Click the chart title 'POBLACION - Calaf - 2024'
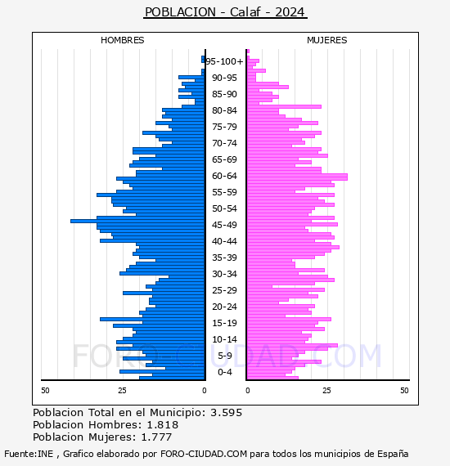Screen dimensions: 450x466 (x=225, y=12)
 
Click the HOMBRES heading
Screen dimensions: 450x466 (x=122, y=40)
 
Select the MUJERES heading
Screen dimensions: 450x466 (x=327, y=40)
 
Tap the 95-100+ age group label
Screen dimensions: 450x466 (x=224, y=61)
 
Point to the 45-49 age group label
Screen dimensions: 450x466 (x=224, y=225)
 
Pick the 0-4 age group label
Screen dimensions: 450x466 (x=224, y=372)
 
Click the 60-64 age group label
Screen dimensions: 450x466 (x=224, y=176)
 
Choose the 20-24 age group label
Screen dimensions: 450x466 (x=224, y=307)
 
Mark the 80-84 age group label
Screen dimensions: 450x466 (x=224, y=110)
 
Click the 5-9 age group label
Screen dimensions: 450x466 (x=224, y=356)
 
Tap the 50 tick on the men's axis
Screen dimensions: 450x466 (x=45, y=390)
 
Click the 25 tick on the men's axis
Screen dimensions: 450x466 (x=122, y=390)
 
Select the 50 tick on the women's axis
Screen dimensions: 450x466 (x=404, y=390)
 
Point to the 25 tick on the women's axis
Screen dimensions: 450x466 (x=326, y=390)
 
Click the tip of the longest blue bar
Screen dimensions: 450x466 (x=71, y=221)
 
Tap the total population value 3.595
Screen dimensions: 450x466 (x=226, y=413)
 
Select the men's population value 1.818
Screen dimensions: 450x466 (x=162, y=424)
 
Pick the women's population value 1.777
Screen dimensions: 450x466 (x=156, y=437)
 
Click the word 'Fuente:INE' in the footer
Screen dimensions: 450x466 (x=29, y=454)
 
